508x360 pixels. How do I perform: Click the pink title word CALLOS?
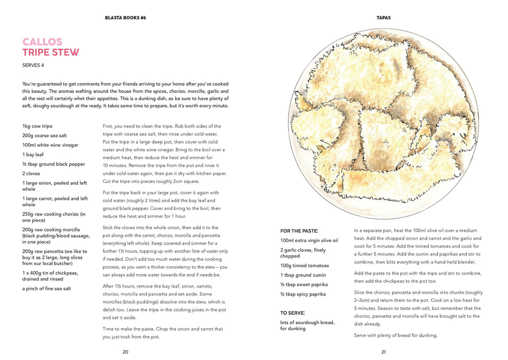[42, 42]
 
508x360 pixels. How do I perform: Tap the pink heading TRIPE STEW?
[51, 53]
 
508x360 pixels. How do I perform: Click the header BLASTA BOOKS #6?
[126, 18]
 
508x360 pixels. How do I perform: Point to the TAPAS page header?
[383, 18]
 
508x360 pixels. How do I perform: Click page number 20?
[126, 352]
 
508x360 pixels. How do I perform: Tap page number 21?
[383, 352]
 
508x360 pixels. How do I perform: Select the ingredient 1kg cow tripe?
[37, 126]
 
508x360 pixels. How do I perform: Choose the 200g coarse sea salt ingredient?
[45, 136]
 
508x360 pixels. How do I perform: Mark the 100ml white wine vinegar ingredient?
[50, 145]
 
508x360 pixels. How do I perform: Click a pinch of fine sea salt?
[47, 288]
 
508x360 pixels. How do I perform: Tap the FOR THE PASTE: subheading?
[299, 231]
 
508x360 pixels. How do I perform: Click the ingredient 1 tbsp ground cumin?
[304, 275]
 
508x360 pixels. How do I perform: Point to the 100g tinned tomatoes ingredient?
[305, 266]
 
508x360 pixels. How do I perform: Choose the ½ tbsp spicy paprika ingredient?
[303, 294]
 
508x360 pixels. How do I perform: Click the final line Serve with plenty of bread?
[395, 335]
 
